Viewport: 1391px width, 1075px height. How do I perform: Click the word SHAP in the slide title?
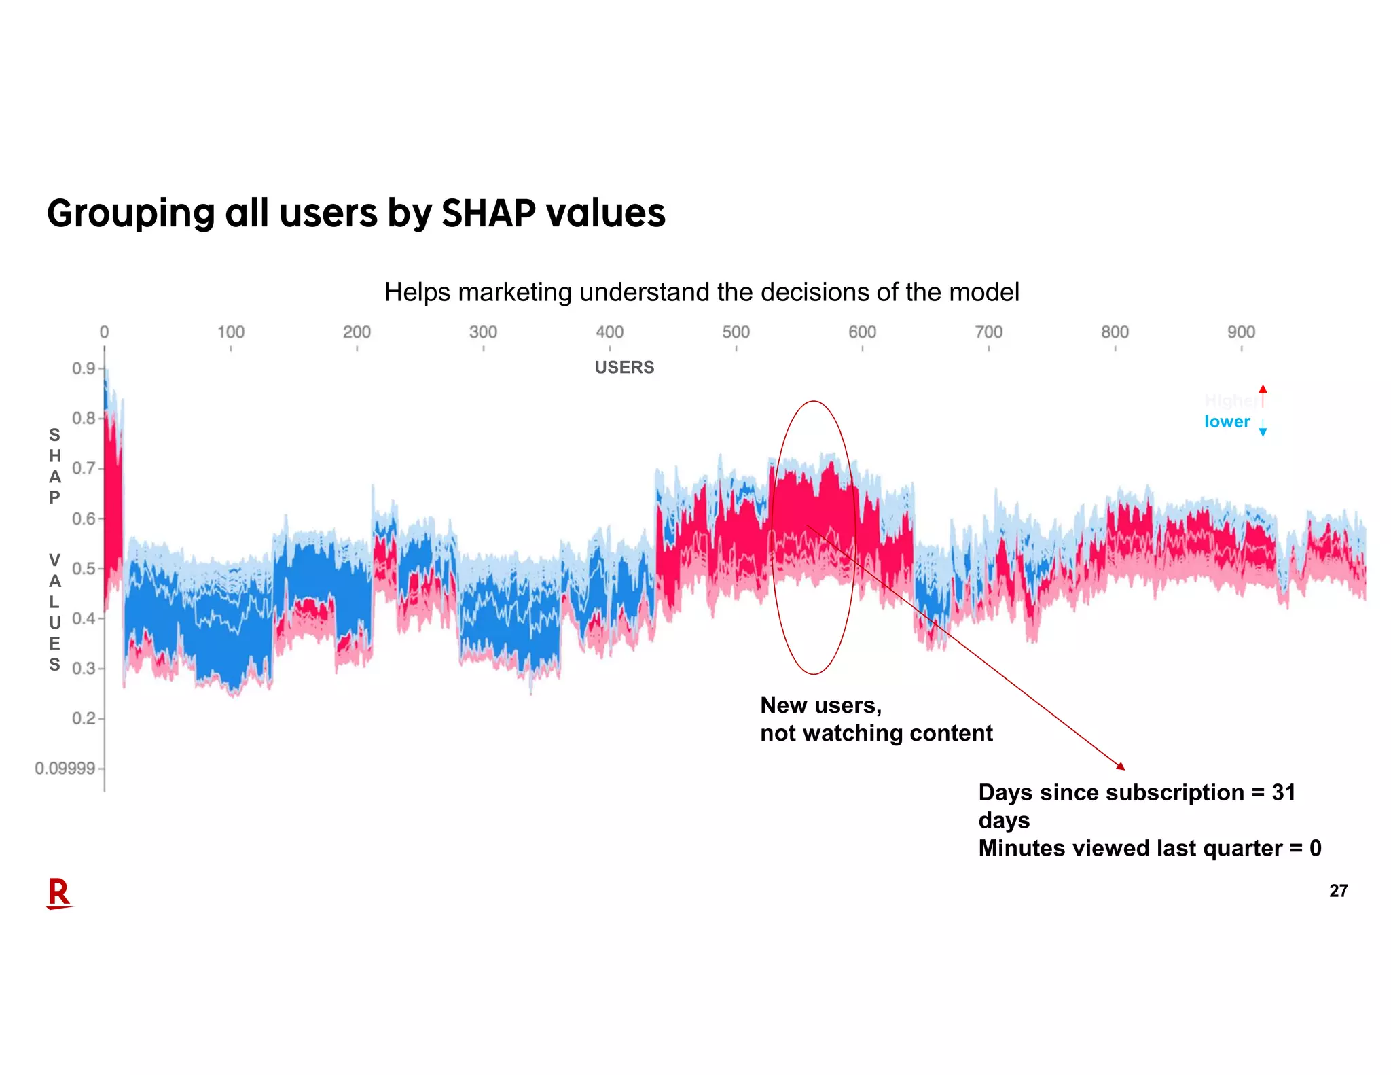point(488,213)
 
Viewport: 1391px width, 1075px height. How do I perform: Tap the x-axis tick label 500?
point(736,332)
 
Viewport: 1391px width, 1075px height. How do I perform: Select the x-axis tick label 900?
point(1241,332)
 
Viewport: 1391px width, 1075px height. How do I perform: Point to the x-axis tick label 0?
point(104,332)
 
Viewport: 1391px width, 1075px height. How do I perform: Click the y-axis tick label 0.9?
point(84,368)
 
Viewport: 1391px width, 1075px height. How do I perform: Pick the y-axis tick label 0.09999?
point(65,769)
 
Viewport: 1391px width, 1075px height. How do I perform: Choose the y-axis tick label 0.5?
point(84,569)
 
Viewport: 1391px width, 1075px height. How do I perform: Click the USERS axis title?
point(624,368)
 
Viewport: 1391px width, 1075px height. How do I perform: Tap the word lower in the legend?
point(1227,422)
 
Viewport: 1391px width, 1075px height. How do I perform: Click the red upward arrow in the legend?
point(1263,395)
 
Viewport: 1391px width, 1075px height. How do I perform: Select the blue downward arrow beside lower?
point(1263,428)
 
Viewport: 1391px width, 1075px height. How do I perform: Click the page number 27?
point(1338,891)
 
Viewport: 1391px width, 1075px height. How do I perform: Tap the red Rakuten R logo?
point(59,893)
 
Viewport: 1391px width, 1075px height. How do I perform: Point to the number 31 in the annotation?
point(1283,793)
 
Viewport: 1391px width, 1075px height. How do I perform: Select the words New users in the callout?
point(820,705)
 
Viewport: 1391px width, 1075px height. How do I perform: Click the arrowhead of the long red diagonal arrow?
point(1121,766)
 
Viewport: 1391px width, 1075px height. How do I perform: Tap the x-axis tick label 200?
point(357,332)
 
